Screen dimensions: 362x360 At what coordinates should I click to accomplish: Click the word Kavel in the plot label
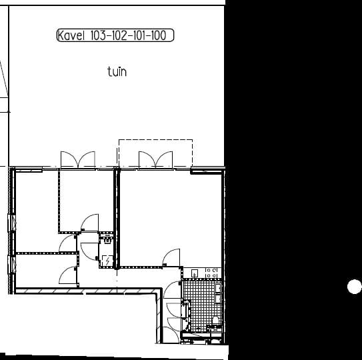click(x=71, y=35)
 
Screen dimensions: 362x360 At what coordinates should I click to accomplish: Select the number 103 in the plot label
click(x=98, y=35)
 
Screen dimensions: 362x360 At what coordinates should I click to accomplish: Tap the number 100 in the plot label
click(x=159, y=35)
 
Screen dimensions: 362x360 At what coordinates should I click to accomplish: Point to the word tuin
click(x=117, y=71)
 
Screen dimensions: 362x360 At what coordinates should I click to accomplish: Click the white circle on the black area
click(x=355, y=287)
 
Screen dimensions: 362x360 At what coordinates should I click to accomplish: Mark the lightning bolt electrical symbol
click(x=107, y=261)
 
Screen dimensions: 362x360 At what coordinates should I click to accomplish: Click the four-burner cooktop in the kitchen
click(x=211, y=273)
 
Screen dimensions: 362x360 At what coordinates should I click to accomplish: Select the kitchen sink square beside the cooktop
click(x=195, y=273)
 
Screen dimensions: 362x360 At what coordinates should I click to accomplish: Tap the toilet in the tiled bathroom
click(x=215, y=320)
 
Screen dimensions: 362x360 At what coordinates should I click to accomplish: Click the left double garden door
click(x=78, y=159)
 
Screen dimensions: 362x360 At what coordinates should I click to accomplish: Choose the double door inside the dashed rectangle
click(x=155, y=159)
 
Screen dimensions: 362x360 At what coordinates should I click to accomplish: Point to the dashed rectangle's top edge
click(x=155, y=139)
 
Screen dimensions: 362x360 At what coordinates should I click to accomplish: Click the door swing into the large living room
click(x=171, y=257)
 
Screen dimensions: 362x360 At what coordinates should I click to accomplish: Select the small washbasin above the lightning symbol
click(x=107, y=241)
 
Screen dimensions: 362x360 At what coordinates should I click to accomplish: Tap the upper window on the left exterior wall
click(x=12, y=223)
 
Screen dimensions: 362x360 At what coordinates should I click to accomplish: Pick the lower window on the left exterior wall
click(x=12, y=265)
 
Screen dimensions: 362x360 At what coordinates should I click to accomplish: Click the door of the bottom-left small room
click(x=67, y=275)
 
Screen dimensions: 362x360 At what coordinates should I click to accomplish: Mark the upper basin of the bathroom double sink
click(x=218, y=288)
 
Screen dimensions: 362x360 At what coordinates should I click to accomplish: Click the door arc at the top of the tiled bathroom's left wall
click(x=172, y=289)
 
